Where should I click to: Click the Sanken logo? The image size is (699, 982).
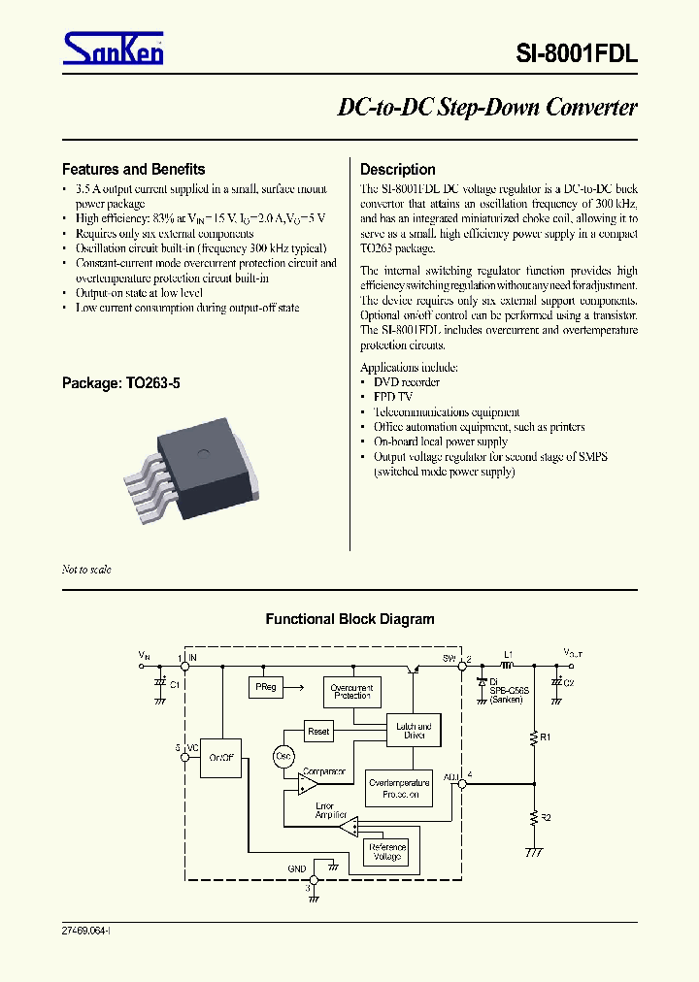click(114, 48)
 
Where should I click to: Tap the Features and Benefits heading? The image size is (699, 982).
click(134, 169)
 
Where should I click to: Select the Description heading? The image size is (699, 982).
click(398, 169)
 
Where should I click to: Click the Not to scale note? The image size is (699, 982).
click(86, 570)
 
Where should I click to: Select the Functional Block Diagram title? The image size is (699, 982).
click(349, 619)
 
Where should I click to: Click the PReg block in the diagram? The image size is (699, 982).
click(266, 687)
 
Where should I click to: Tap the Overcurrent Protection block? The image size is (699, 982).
click(351, 691)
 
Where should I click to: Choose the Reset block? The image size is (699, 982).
click(318, 731)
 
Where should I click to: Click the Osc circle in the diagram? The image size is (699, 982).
click(283, 756)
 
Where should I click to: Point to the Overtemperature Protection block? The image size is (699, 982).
click(399, 789)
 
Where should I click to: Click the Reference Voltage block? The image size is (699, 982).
click(385, 852)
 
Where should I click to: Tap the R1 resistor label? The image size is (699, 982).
click(547, 737)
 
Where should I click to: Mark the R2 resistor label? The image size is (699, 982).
click(547, 818)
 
